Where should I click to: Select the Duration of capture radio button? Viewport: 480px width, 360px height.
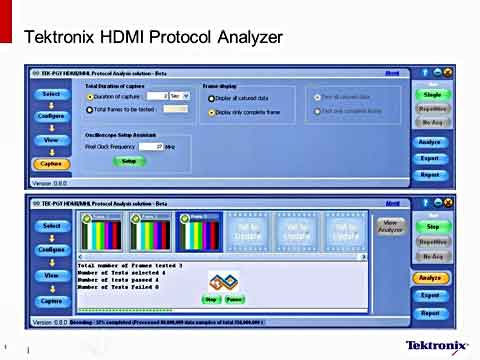pyautogui.click(x=90, y=96)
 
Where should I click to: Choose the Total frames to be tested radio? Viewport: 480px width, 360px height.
pyautogui.click(x=90, y=110)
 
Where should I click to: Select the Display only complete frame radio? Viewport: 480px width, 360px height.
pyautogui.click(x=211, y=113)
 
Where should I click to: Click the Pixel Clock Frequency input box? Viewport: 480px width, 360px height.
pyautogui.click(x=151, y=146)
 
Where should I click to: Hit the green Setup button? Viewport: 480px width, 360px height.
pyautogui.click(x=127, y=160)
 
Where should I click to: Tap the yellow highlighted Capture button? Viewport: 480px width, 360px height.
pyautogui.click(x=50, y=164)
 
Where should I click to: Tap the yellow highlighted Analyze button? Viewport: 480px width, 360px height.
pyautogui.click(x=430, y=278)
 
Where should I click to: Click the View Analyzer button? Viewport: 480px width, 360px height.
pyautogui.click(x=390, y=226)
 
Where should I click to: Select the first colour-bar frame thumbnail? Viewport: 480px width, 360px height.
pyautogui.click(x=102, y=233)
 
